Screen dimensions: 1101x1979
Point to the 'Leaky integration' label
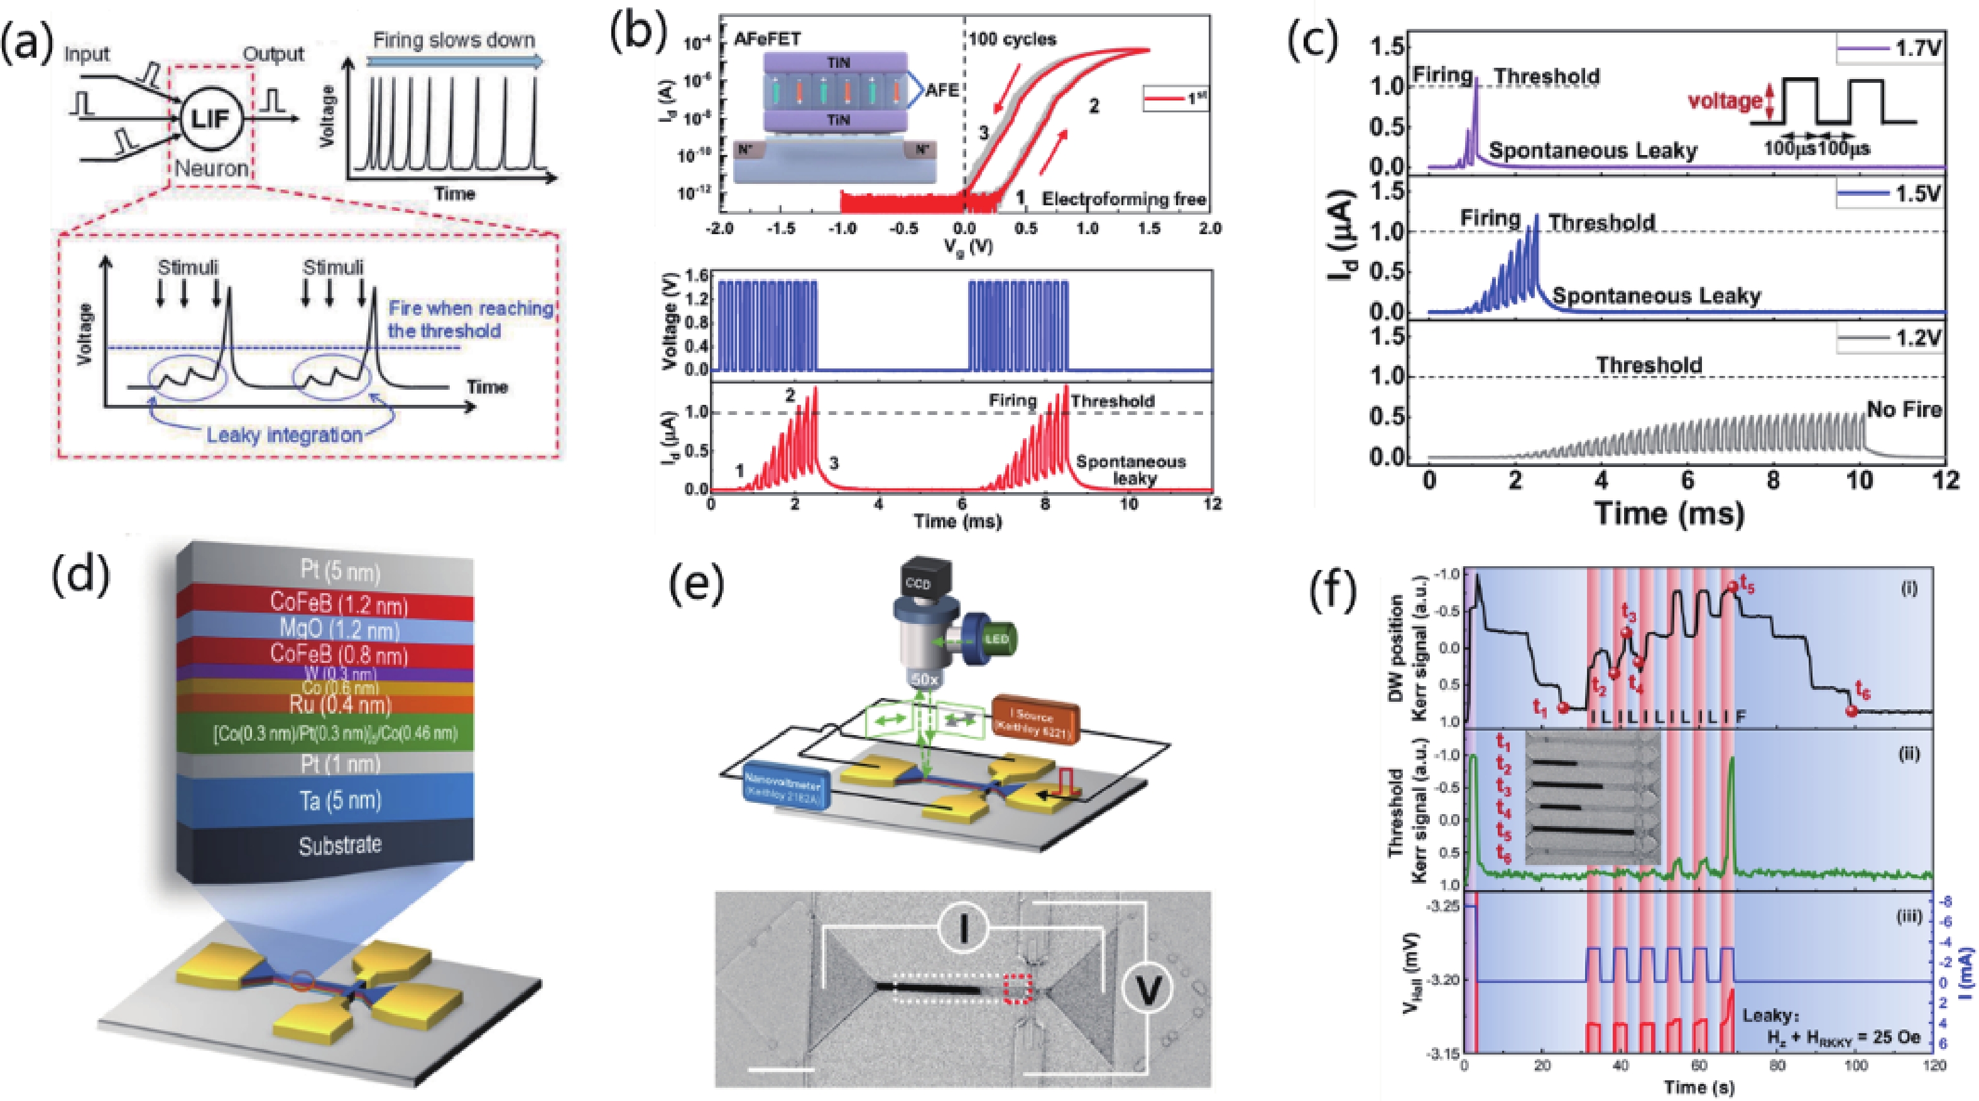[284, 434]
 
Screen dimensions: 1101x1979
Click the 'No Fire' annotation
[1904, 409]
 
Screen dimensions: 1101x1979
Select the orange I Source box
[1035, 719]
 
